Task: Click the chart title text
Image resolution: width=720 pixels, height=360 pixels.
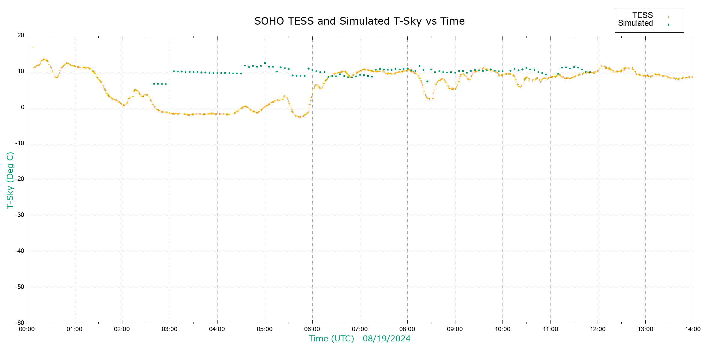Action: [x=359, y=21]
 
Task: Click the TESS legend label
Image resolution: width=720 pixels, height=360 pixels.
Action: [x=643, y=15]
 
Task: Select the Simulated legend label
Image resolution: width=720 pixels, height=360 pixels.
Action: [x=635, y=23]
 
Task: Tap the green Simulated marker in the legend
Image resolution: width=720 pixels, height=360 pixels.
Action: [x=668, y=25]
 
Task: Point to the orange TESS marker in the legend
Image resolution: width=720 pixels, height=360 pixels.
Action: [x=668, y=17]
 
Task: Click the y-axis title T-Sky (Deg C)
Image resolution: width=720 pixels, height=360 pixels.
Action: [x=10, y=180]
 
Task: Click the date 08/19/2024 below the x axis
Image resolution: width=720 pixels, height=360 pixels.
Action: [x=386, y=339]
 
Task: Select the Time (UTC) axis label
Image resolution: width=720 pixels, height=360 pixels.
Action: [x=331, y=339]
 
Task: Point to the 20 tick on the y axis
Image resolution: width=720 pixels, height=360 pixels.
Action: [x=21, y=35]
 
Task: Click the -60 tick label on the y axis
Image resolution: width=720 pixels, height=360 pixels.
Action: [x=20, y=323]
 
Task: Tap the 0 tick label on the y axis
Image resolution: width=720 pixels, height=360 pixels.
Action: [x=22, y=107]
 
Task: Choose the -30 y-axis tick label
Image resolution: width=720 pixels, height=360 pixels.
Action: [x=20, y=215]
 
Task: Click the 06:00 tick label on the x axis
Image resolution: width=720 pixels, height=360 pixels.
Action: [x=312, y=329]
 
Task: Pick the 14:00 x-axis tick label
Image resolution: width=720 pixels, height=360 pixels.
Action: [x=692, y=329]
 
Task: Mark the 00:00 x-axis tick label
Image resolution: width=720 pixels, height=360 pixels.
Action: [x=27, y=329]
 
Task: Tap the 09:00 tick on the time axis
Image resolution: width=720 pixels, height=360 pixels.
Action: [x=455, y=329]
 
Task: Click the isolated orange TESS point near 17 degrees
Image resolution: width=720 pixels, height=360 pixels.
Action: [x=33, y=47]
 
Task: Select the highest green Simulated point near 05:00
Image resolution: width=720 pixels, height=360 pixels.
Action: [x=265, y=63]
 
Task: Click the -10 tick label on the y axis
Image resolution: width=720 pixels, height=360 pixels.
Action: [x=20, y=143]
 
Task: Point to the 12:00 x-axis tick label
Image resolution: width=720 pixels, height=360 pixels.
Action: [x=598, y=329]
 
